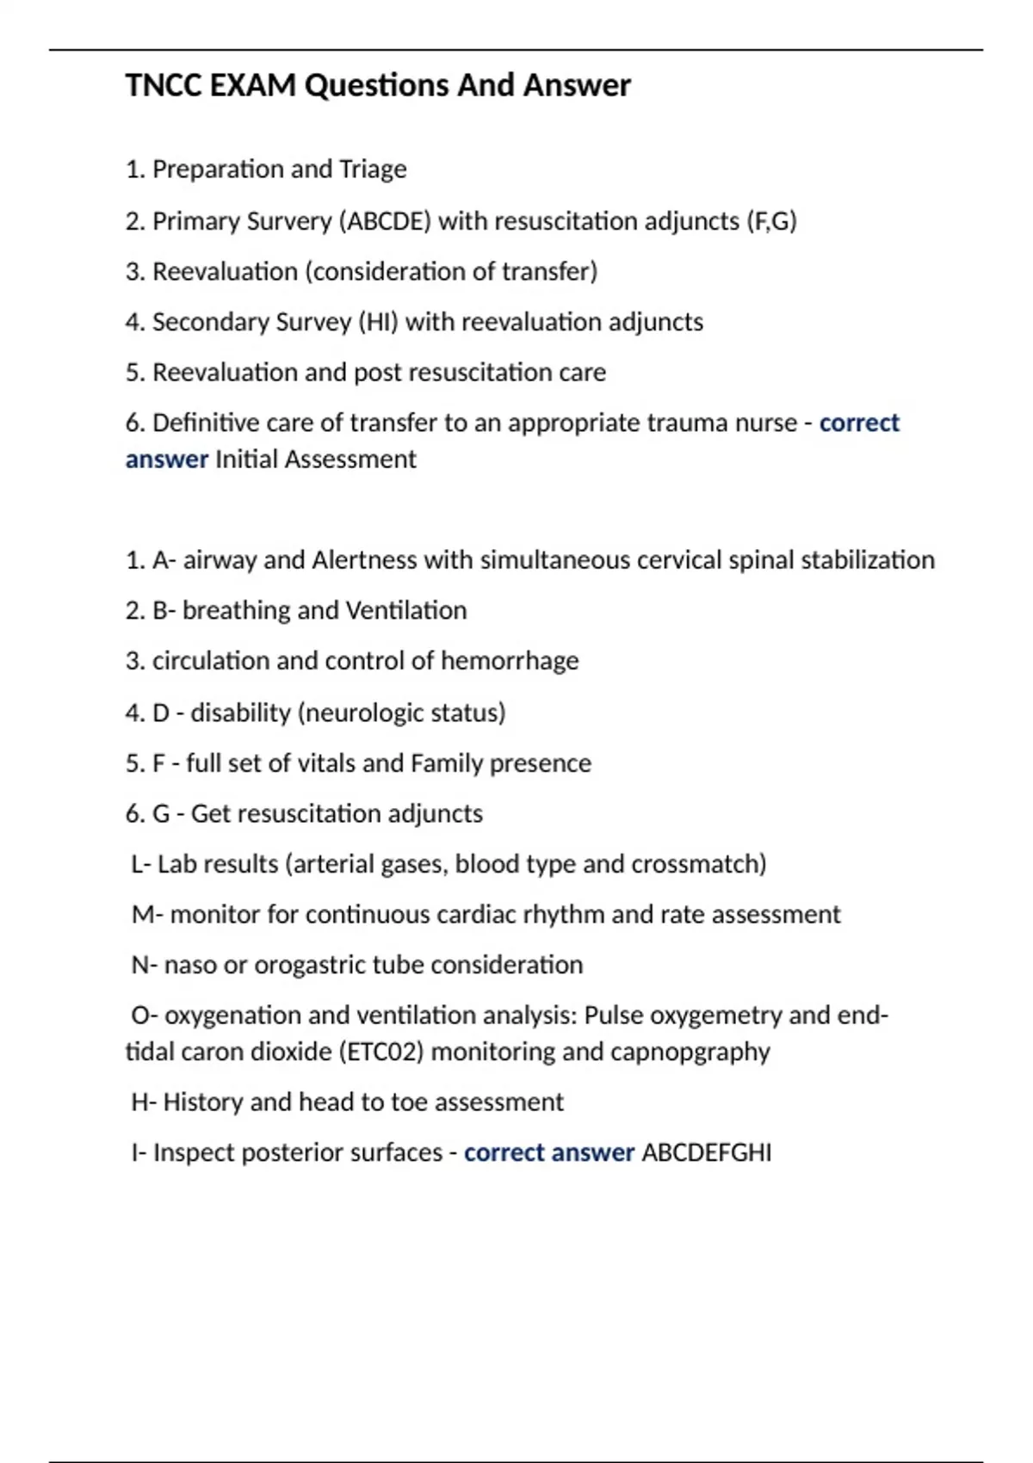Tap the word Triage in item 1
[373, 170]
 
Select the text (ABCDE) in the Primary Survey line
[385, 221]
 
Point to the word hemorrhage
[510, 661]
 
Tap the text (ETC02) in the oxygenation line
[381, 1052]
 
